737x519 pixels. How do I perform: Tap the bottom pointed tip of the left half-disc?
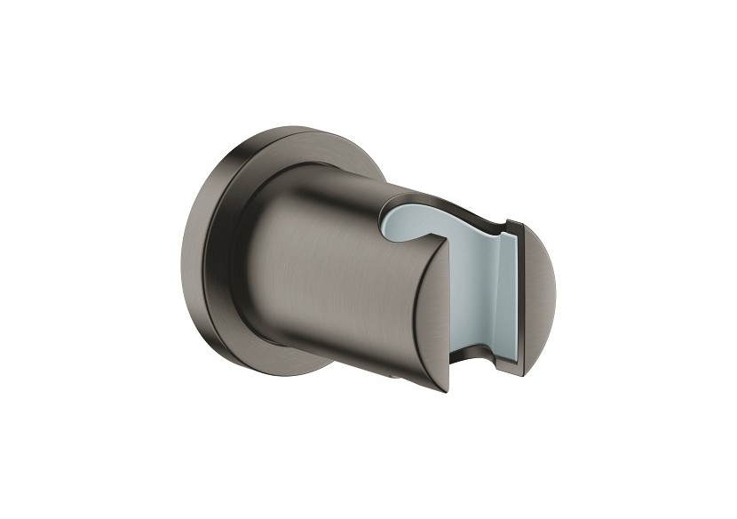[449, 391]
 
